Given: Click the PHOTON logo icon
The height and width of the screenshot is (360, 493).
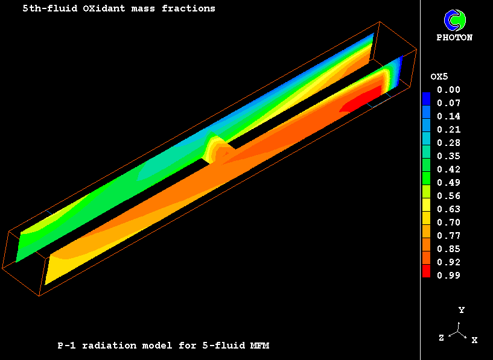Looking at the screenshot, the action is click(x=454, y=20).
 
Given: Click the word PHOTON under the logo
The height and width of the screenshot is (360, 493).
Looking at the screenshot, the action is click(x=454, y=37).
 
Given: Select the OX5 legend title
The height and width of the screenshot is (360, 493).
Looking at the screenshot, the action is click(x=439, y=77).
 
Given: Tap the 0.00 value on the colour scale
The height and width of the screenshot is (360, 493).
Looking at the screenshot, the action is click(x=449, y=90).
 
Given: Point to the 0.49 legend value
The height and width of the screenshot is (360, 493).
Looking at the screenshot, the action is click(x=449, y=183).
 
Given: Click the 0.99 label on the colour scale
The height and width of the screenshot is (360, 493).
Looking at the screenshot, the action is click(x=449, y=276).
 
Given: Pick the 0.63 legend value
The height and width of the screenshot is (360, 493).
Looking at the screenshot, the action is click(x=449, y=209).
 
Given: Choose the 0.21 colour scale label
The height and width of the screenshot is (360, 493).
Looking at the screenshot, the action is click(x=449, y=130).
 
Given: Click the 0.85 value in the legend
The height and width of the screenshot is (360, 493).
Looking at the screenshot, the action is click(x=449, y=249).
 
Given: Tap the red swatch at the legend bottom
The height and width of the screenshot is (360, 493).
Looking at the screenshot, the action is click(x=426, y=271).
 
